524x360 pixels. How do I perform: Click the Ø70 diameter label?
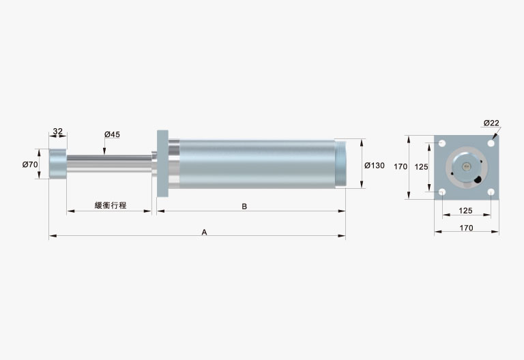pyautogui.click(x=30, y=164)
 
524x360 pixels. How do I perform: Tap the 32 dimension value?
pyautogui.click(x=58, y=131)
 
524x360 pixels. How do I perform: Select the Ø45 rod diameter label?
pyautogui.click(x=112, y=134)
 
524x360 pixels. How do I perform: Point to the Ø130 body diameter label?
pyautogui.click(x=375, y=165)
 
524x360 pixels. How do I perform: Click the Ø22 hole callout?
pyautogui.click(x=491, y=123)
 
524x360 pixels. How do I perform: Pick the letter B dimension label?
pyautogui.click(x=244, y=207)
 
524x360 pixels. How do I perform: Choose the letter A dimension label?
pyautogui.click(x=204, y=232)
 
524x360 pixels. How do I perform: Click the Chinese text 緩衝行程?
pyautogui.click(x=111, y=205)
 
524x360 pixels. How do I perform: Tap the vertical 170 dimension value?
pyautogui.click(x=401, y=166)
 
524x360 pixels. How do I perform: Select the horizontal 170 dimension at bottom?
pyautogui.click(x=466, y=228)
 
